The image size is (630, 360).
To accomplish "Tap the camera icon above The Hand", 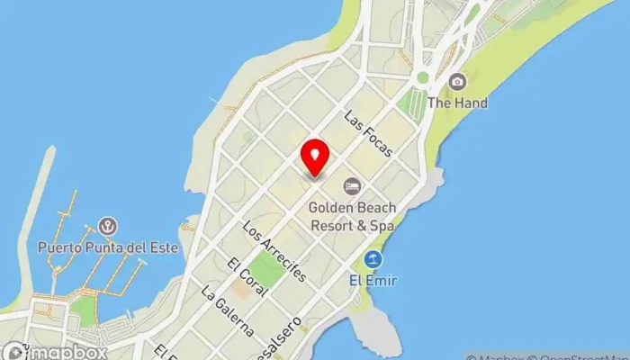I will [457, 82].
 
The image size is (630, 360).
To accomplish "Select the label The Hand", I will [457, 103].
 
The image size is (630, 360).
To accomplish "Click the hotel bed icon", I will [352, 186].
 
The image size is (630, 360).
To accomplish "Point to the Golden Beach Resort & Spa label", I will [352, 216].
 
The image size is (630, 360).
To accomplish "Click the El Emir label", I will [373, 280].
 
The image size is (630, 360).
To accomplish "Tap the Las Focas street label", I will [368, 134].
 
